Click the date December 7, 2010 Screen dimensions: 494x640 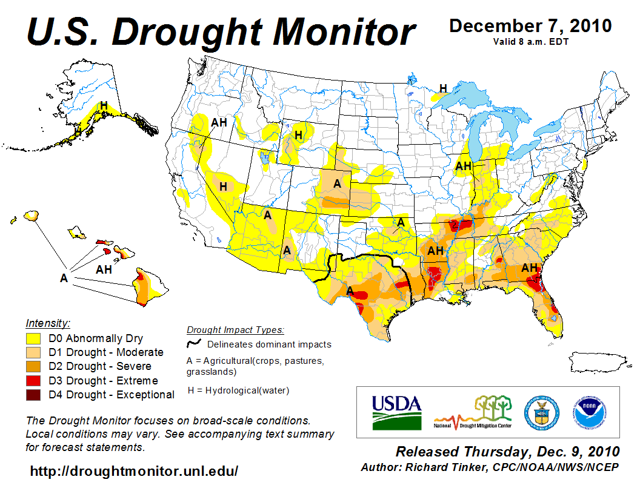pos(530,26)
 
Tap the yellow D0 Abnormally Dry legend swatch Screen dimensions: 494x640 pos(33,338)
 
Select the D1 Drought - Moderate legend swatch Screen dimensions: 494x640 pos(33,352)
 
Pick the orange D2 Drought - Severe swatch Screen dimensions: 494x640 pos(33,366)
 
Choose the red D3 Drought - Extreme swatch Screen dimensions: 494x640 pos(33,381)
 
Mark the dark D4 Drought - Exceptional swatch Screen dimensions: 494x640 pos(33,395)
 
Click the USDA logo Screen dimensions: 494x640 pos(396,412)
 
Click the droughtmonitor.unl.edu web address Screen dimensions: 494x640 pos(134,470)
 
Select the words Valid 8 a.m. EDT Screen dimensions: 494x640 pos(530,41)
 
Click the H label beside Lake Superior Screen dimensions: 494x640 pos(443,88)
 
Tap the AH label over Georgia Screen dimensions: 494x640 pos(530,267)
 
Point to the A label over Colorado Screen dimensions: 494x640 pos(337,183)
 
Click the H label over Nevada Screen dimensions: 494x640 pos(223,186)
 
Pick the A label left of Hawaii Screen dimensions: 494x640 pos(63,278)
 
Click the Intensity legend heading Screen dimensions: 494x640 pos(48,323)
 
